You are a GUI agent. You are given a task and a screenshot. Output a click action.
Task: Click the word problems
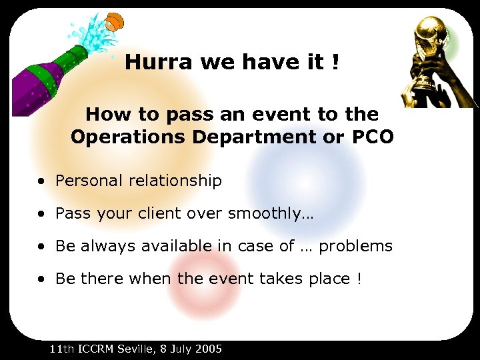355,247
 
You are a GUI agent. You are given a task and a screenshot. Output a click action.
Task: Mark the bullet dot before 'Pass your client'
42,214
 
